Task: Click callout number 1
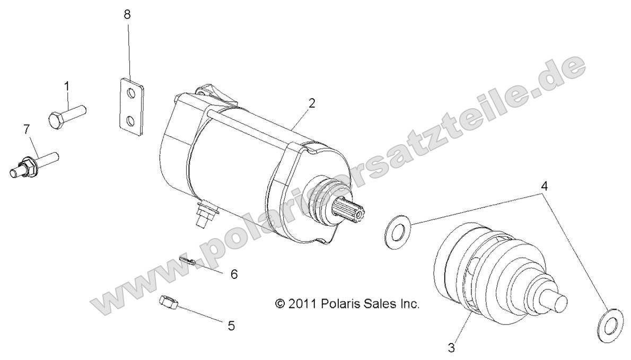click(67, 85)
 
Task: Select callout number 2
click(312, 103)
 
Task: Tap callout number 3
click(451, 348)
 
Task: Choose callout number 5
click(231, 325)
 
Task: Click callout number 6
click(233, 274)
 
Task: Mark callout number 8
click(127, 15)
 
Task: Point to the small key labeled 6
click(189, 261)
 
